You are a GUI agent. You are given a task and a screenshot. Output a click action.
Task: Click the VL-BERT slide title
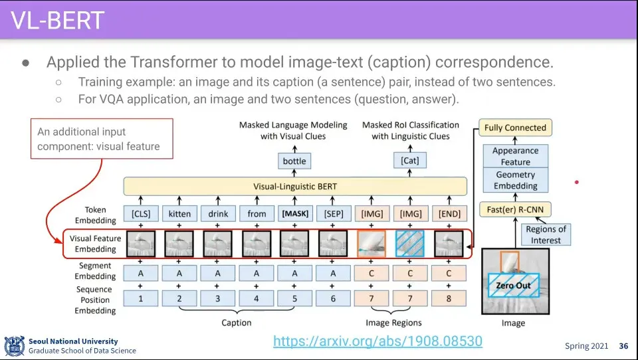58,20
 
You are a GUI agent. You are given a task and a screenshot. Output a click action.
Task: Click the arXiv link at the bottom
377,341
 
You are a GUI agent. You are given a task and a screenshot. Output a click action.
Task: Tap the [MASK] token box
294,214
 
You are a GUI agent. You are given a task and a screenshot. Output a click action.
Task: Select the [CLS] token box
141,214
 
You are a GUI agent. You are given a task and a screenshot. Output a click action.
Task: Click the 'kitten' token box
179,214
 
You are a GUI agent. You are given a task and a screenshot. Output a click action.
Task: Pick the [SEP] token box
333,214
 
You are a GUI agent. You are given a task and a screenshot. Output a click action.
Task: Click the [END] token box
449,214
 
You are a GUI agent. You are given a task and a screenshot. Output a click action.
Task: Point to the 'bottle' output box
294,161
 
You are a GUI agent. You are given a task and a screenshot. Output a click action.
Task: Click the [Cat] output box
410,161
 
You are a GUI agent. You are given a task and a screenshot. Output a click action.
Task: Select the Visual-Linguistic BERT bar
295,187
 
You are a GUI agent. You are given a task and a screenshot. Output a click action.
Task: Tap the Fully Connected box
515,128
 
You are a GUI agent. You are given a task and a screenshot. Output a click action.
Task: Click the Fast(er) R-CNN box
515,211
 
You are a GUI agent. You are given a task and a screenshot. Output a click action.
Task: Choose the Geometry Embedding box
515,180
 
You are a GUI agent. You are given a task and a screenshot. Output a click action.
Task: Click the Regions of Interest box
546,234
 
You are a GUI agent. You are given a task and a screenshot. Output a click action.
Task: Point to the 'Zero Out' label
513,286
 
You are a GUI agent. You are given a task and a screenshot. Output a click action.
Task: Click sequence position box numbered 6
333,299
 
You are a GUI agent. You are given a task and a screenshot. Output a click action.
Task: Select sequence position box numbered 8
449,299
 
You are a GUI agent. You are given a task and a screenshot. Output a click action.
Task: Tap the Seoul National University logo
15,346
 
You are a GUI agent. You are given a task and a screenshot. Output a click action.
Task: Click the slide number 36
623,346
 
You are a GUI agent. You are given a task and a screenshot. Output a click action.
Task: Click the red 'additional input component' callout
102,139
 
